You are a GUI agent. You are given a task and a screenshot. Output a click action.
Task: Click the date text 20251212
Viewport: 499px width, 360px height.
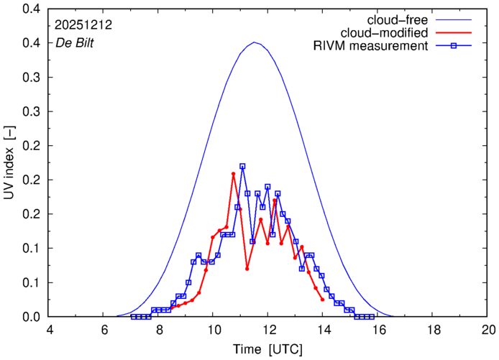coord(83,24)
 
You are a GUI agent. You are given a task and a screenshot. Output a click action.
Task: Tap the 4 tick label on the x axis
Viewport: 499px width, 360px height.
coord(50,330)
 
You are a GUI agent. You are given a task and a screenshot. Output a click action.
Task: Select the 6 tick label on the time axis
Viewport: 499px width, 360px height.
coord(104,330)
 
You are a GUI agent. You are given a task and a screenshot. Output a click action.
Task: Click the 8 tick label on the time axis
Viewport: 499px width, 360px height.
coord(159,330)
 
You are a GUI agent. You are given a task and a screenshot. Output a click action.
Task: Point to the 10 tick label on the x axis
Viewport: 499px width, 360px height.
coord(214,330)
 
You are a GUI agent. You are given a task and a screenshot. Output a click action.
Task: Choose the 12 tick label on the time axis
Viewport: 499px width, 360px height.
coord(269,330)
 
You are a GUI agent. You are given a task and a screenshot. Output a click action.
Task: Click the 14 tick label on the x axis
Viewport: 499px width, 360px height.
coord(324,330)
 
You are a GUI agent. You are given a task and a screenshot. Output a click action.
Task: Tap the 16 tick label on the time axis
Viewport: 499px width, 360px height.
coord(378,330)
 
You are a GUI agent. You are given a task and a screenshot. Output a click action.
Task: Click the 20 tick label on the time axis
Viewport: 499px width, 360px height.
coord(488,330)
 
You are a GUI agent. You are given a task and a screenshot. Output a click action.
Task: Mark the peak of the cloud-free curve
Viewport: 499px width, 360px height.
coord(255,42)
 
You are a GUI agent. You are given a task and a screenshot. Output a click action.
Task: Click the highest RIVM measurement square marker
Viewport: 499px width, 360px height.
coord(242,166)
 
